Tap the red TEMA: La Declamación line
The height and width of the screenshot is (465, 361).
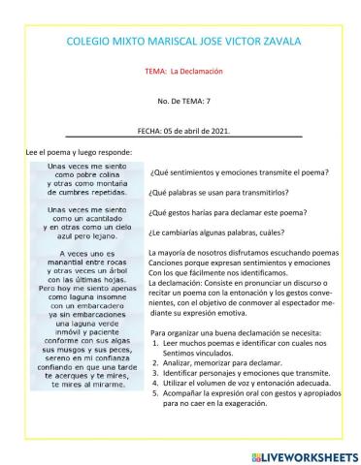[183, 72]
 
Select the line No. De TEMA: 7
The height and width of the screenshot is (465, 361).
[183, 100]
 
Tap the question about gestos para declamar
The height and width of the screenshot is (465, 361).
[227, 212]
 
